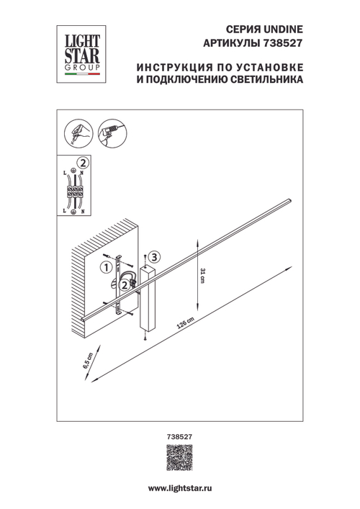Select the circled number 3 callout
pos(157,257)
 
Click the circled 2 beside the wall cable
pos(124,286)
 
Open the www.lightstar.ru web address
pos(179,489)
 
